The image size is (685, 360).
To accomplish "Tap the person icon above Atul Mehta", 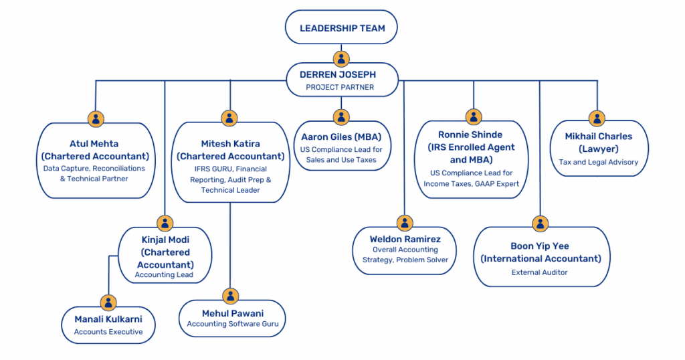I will coord(96,119).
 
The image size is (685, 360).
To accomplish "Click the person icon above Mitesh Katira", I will coord(230,118).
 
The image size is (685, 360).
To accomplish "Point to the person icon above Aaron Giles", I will coord(341,117).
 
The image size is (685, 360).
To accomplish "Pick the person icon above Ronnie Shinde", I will coord(474,117).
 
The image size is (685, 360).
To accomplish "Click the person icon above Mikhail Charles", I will coord(597,118).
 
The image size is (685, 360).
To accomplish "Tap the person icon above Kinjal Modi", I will coord(165,223).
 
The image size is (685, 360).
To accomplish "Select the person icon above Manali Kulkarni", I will coord(108,302).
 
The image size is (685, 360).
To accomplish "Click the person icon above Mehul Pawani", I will coord(230,296).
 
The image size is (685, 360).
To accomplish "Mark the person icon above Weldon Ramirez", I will coord(404,223).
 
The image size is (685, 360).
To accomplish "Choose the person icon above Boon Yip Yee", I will coord(541,223).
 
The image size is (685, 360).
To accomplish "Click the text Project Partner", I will coord(340,88).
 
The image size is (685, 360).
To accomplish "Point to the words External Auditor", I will coord(540,272).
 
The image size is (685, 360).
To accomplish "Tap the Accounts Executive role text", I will coord(108,332).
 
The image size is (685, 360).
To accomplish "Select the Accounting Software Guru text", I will coord(233,325).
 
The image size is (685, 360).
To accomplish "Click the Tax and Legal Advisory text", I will coord(599,162).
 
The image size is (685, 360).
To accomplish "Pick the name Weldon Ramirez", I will coord(405,239).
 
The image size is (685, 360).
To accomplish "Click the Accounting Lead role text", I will coord(164,275).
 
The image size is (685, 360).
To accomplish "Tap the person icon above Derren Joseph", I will coord(341,58).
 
